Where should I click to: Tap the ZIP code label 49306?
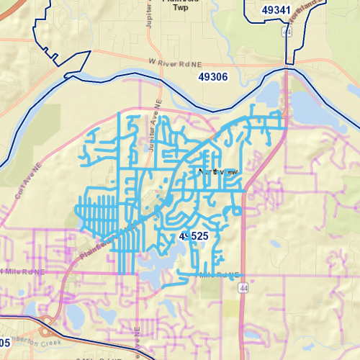click(x=212, y=77)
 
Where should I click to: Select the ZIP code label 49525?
click(x=193, y=236)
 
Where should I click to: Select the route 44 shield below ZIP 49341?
click(x=287, y=33)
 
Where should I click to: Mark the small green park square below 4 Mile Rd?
click(x=211, y=288)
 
